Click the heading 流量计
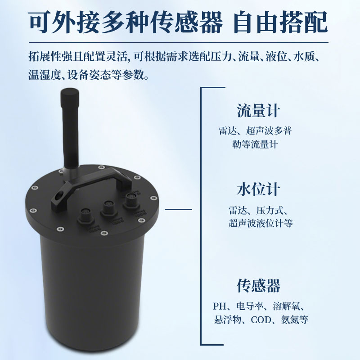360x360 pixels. pos(258,111)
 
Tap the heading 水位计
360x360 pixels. pos(258,189)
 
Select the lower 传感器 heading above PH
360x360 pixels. pos(258,286)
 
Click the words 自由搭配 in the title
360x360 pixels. pos(280,22)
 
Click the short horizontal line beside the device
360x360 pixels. pos(178,209)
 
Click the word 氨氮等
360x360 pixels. pos(294,320)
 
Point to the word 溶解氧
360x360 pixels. pos(286,306)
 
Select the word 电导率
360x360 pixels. pos(250,306)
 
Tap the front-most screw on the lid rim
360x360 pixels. pos(104,234)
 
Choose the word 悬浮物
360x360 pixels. pos(228,320)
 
